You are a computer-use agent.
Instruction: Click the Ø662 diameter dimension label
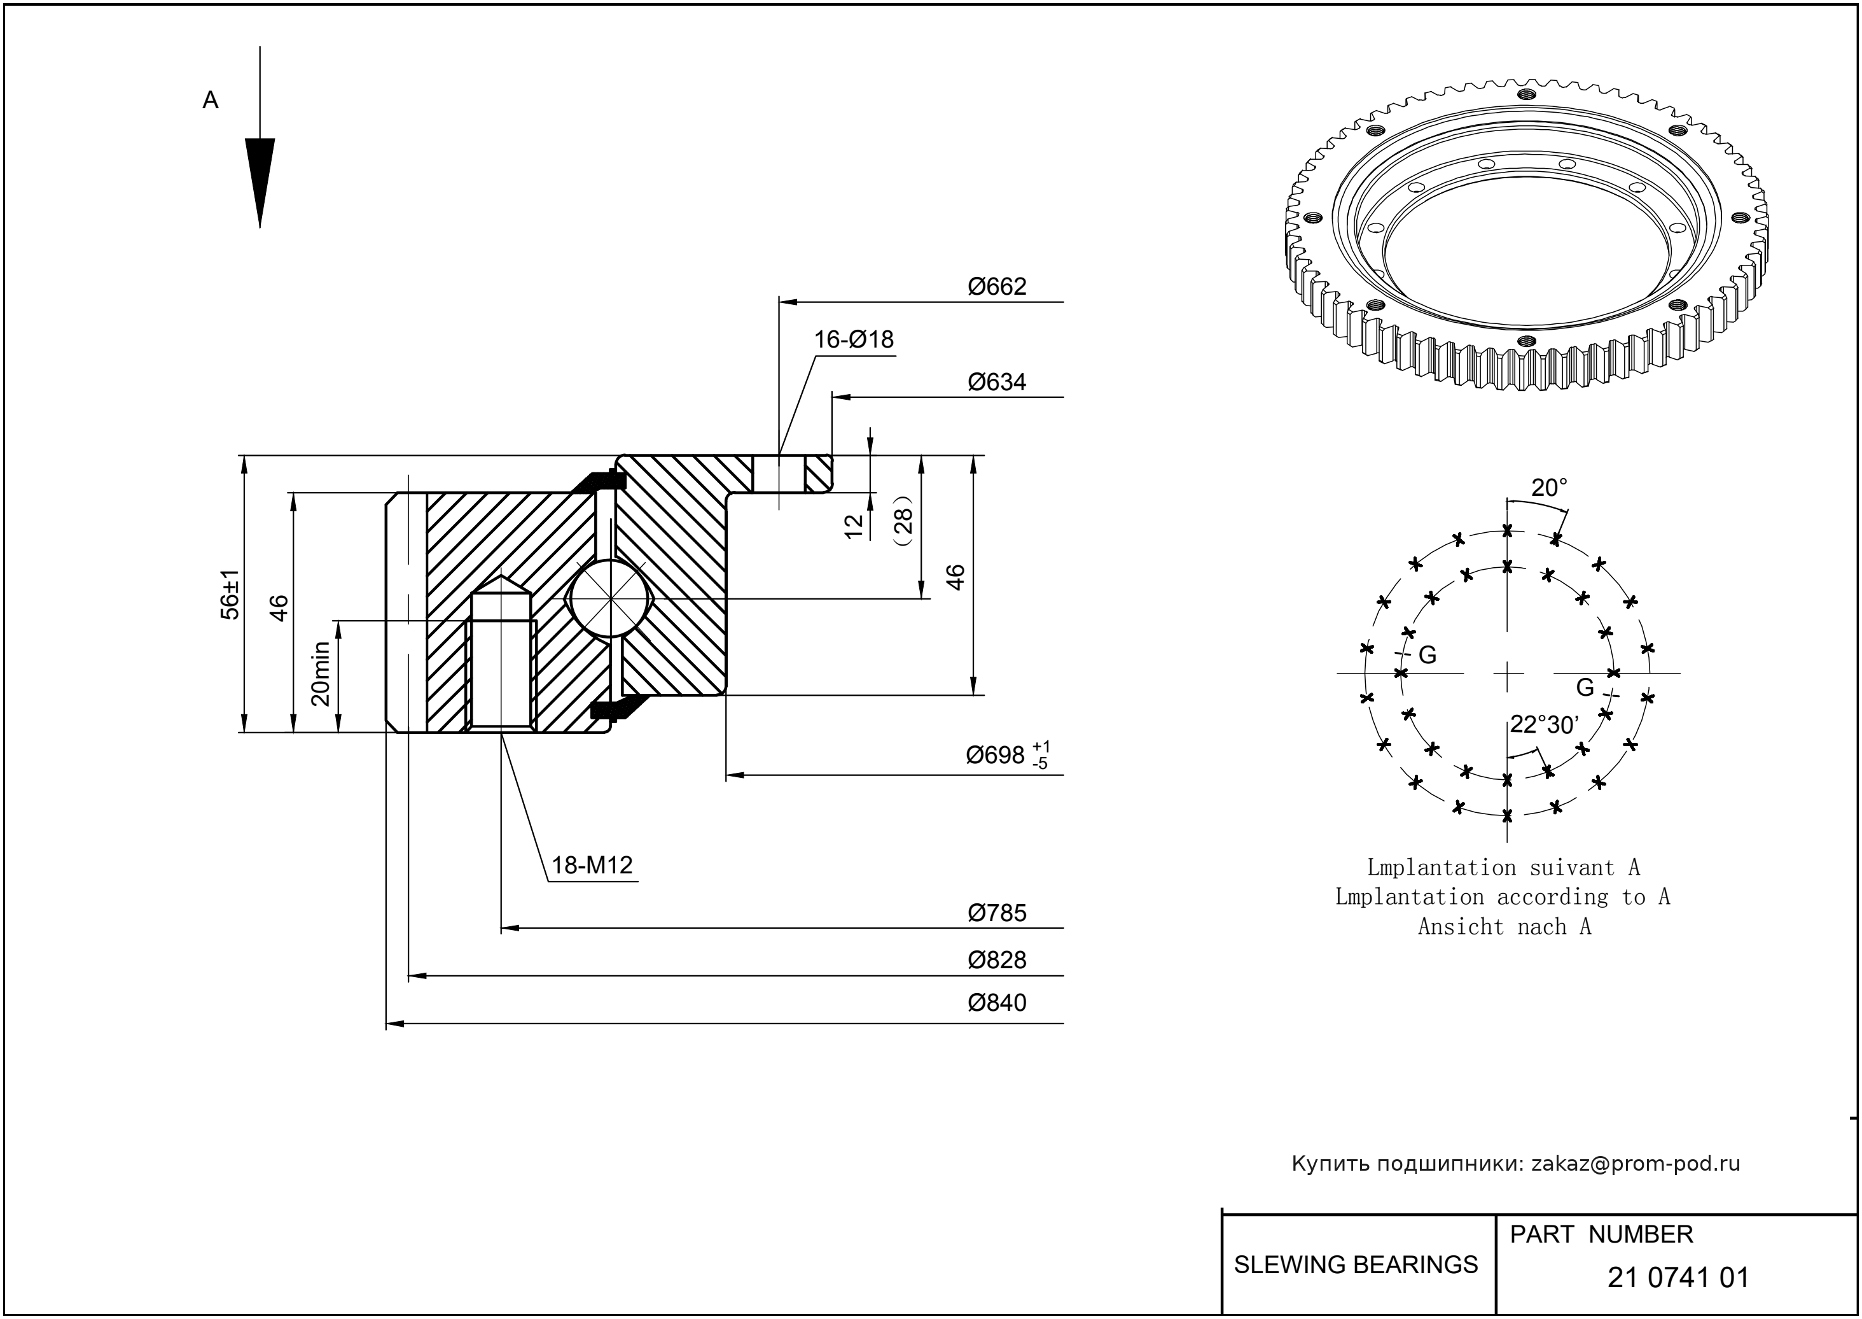[997, 286]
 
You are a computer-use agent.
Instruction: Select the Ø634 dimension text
[997, 382]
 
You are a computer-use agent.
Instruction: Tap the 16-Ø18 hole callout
[854, 339]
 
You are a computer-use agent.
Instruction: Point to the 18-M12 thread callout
[592, 866]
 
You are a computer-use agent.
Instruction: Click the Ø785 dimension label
[997, 913]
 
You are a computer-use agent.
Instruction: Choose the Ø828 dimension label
[997, 960]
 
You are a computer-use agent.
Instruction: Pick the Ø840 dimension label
[997, 1003]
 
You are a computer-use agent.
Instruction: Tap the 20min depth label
[321, 674]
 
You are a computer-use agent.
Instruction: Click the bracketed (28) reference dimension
[903, 520]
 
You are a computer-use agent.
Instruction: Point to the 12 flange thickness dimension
[854, 526]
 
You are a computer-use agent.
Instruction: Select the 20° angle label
[1548, 488]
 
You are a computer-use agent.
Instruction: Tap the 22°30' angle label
[1544, 725]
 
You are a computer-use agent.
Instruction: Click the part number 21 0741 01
[1678, 1278]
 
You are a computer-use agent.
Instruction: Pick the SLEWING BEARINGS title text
[1356, 1265]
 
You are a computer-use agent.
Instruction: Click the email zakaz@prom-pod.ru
[1636, 1164]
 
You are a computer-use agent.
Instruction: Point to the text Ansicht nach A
[1504, 927]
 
